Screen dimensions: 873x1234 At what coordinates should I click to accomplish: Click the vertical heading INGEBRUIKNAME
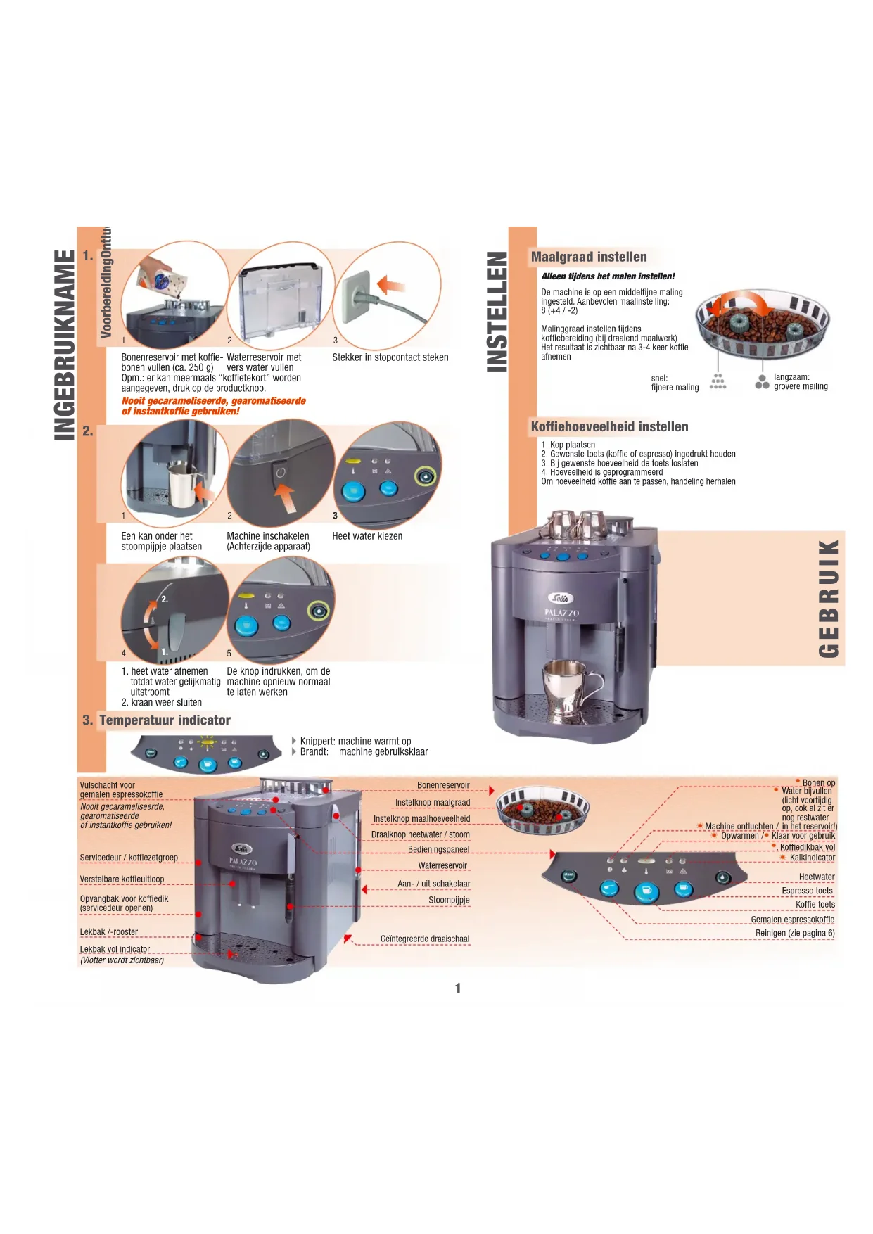coord(65,345)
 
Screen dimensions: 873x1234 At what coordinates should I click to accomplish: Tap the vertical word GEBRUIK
coord(829,599)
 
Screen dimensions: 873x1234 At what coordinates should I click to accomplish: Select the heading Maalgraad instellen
coord(588,257)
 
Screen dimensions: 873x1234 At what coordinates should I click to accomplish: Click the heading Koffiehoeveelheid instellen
coord(609,426)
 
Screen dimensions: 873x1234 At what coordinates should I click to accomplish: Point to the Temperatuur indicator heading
coord(165,720)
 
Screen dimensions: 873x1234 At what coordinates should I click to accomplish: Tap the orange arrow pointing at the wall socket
coord(391,285)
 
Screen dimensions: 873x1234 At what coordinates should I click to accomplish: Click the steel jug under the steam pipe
coord(181,483)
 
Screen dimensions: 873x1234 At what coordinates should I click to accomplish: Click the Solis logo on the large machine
coord(561,599)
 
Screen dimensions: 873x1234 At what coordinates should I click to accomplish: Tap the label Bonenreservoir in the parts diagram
coord(443,785)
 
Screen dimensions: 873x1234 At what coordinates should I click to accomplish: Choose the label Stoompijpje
coord(449,900)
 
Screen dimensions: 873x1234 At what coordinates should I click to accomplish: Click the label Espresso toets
coord(807,891)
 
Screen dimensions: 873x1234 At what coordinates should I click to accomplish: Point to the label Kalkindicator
coord(812,858)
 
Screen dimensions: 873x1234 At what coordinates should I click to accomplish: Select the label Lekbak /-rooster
coord(109,932)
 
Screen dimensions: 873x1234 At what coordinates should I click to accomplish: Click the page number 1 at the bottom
coord(458,988)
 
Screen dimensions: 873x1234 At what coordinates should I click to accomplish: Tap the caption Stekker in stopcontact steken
coord(390,357)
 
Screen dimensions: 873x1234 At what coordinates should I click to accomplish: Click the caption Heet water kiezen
coord(367,536)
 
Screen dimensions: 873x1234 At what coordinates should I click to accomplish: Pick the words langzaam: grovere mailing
coord(800,381)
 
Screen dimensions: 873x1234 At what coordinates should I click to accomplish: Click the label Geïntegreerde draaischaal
coord(424,939)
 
